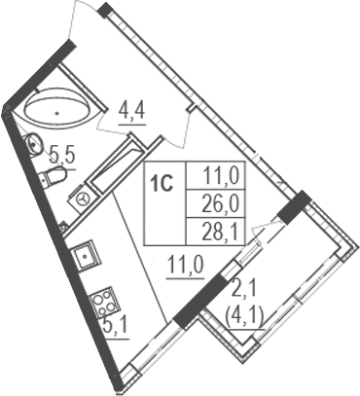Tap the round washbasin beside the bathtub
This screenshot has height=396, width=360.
click(x=32, y=145)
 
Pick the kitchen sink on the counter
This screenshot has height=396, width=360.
click(x=85, y=257)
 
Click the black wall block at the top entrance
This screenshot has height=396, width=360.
click(x=104, y=9)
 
